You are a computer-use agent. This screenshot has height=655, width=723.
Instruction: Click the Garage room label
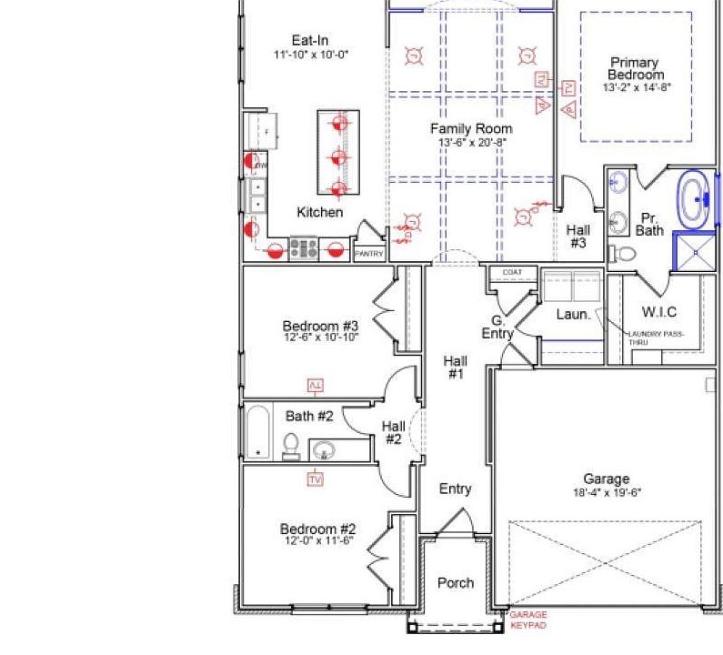[x=606, y=479]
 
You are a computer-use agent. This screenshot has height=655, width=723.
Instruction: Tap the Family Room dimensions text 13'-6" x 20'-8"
[x=471, y=143]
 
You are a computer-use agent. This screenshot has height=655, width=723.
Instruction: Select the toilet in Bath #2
[x=291, y=445]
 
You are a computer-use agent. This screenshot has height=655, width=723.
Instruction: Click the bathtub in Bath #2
[x=258, y=431]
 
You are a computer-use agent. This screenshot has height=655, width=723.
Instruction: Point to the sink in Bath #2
[x=325, y=448]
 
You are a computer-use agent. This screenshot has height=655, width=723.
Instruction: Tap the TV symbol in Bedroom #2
[x=316, y=479]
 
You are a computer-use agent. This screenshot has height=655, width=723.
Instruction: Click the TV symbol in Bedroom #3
[x=316, y=385]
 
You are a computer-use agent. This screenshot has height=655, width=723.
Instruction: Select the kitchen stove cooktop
[x=303, y=247]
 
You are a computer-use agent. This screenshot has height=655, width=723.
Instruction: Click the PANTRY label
[x=368, y=254]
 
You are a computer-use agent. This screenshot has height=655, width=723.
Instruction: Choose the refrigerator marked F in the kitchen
[x=262, y=133]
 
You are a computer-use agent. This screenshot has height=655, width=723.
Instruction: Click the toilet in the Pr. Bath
[x=620, y=252]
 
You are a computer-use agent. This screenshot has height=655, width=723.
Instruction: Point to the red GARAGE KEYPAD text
[x=527, y=620]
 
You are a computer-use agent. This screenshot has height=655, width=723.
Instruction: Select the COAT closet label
[x=512, y=272]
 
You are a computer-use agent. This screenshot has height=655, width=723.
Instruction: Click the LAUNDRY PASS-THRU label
[x=656, y=338]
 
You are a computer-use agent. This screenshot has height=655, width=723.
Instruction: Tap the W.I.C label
[x=658, y=312]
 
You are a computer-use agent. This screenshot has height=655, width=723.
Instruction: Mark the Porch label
[x=455, y=582]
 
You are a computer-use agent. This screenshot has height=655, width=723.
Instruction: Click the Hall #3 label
[x=577, y=237]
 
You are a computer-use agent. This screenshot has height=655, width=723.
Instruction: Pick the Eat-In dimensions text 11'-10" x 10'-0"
[x=310, y=55]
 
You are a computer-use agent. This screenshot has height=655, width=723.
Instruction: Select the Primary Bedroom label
[x=636, y=68]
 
